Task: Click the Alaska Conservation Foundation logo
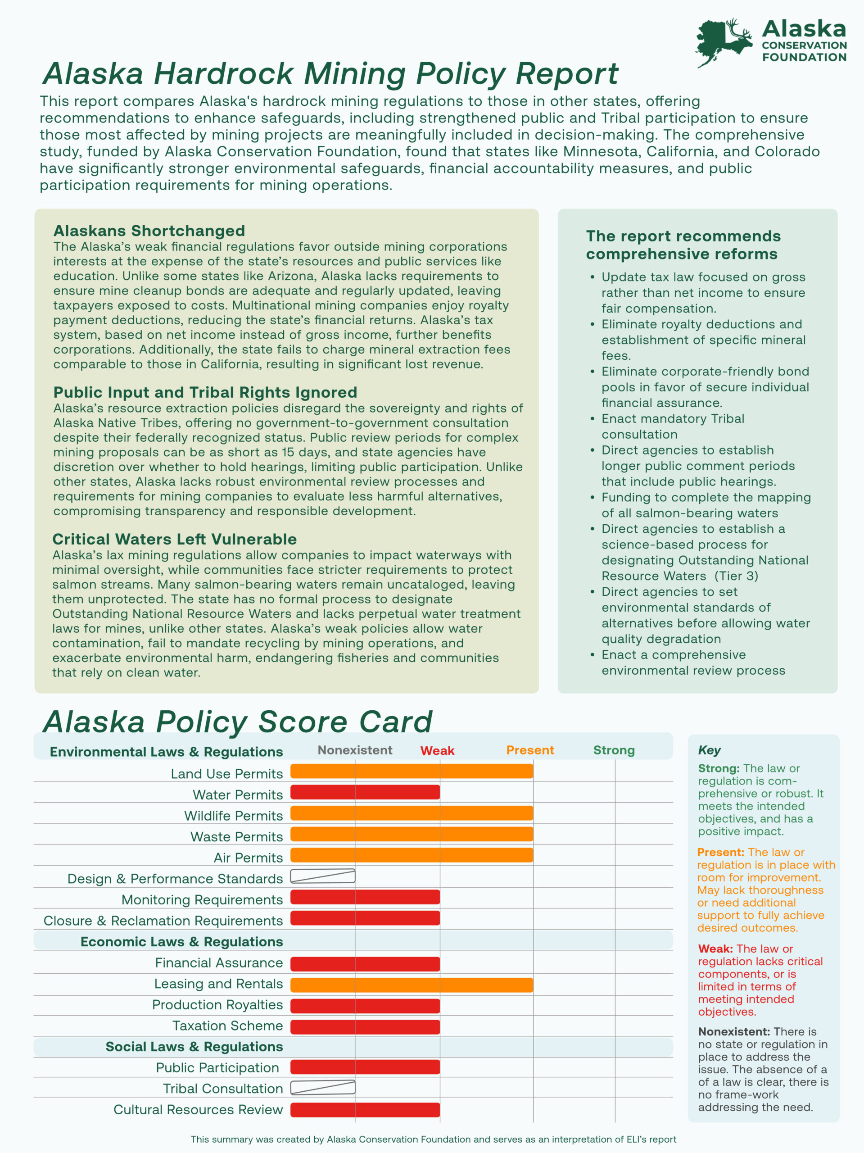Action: point(771,42)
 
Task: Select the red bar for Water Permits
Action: point(365,792)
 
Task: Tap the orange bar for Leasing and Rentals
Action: point(412,985)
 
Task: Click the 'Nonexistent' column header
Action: point(355,750)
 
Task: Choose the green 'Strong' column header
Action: point(614,750)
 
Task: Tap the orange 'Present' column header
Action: point(530,750)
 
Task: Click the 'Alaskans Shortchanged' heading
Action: point(149,231)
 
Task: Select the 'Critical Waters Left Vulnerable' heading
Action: point(175,539)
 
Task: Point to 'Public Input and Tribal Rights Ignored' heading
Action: point(205,392)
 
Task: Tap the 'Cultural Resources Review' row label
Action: point(198,1110)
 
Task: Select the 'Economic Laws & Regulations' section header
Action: point(181,942)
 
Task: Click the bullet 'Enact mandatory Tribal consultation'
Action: point(672,427)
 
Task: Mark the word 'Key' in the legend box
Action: point(709,750)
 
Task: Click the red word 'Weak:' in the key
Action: point(715,949)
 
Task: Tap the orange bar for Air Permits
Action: point(412,855)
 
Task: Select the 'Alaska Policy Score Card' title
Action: point(238,722)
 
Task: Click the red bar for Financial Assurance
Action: point(365,964)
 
